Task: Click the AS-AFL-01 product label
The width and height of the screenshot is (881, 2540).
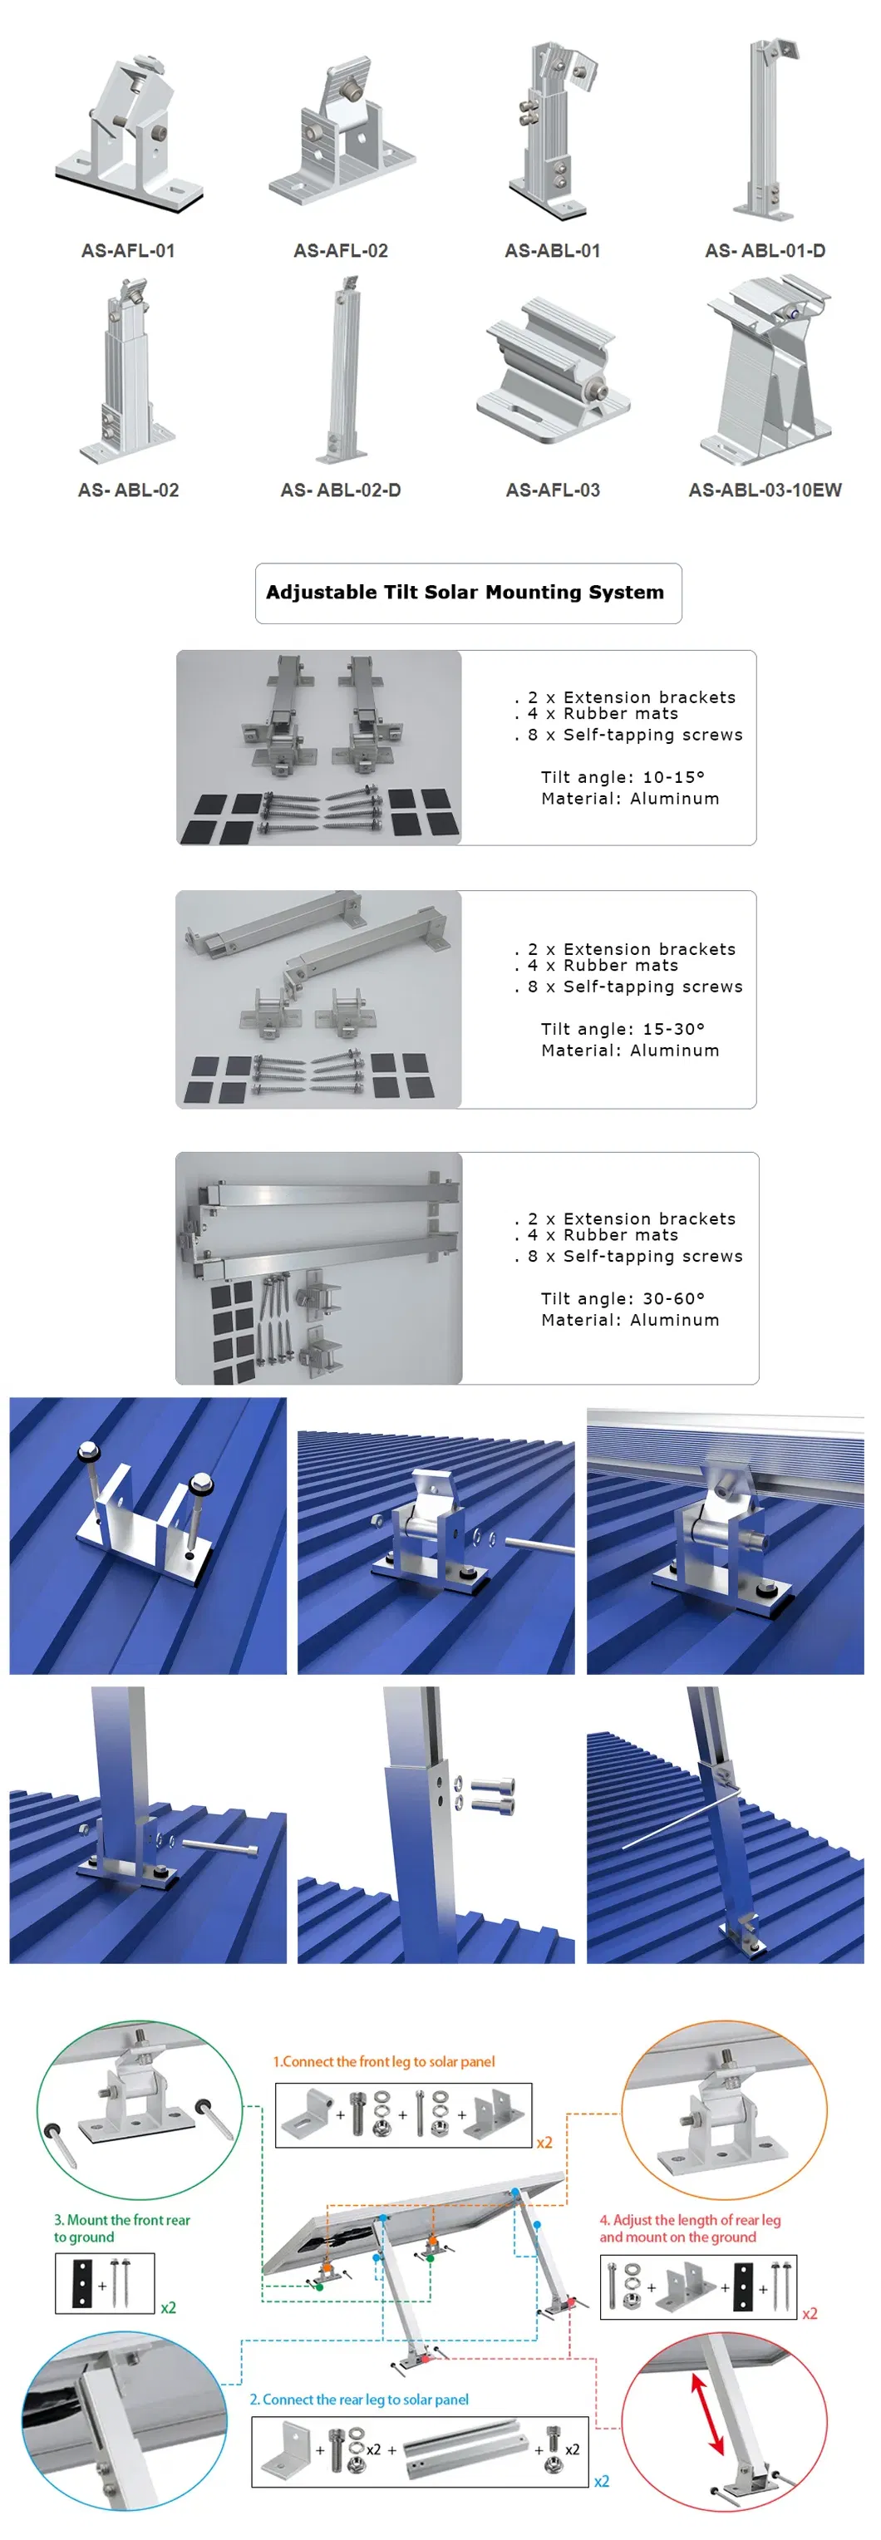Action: (x=128, y=250)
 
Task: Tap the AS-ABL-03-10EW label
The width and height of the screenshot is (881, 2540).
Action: (x=765, y=490)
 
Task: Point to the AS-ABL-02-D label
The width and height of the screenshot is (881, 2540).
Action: (x=340, y=490)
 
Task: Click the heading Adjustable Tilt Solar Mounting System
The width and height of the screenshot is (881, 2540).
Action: (x=465, y=593)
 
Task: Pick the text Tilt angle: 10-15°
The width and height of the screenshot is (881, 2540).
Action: (x=623, y=777)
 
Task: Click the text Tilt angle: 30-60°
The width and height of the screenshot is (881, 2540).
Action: (x=623, y=1298)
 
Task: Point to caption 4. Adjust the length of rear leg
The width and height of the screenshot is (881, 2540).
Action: (x=689, y=2228)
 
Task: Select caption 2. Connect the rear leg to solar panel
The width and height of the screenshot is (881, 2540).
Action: (x=359, y=2399)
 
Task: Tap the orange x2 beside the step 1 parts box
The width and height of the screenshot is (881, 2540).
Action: (x=544, y=2143)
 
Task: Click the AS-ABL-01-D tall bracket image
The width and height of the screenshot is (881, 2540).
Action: (x=765, y=128)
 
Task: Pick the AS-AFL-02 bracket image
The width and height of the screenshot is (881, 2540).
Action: (x=341, y=133)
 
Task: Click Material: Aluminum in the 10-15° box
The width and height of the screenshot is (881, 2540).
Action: (x=630, y=799)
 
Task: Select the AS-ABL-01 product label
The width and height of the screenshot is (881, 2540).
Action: (x=552, y=250)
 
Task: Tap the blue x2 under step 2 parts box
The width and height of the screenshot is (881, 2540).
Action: (x=601, y=2482)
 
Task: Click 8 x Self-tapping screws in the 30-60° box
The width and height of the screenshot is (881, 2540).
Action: (x=635, y=1256)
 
